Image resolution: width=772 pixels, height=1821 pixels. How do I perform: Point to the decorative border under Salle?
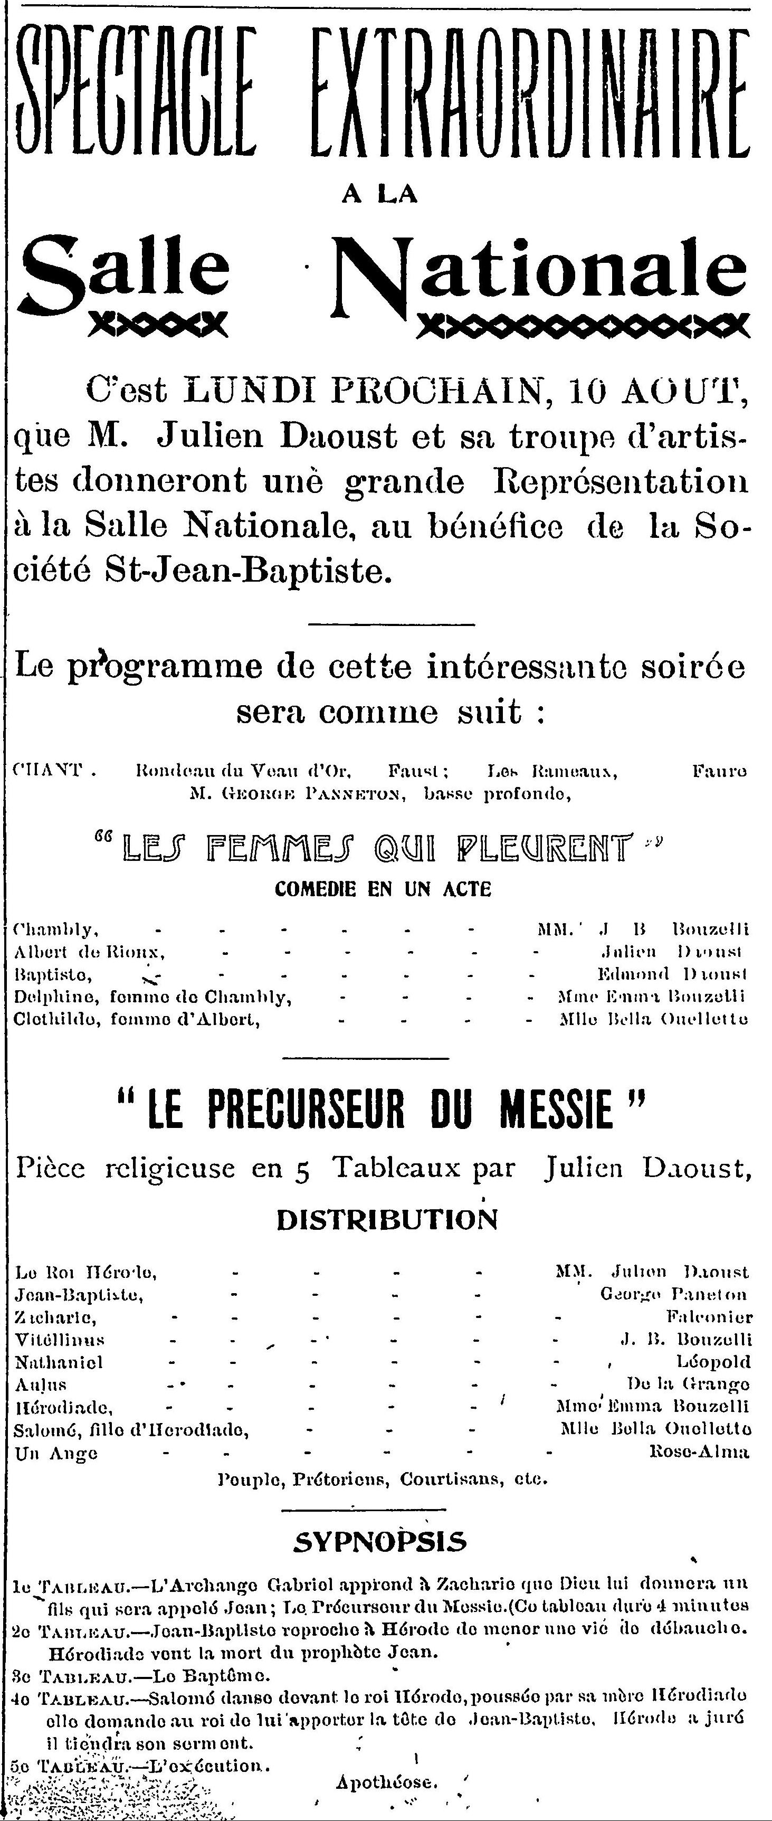[157, 325]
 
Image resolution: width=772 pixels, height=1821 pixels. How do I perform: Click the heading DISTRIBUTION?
[387, 1219]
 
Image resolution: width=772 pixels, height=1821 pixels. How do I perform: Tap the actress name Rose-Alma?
[699, 1453]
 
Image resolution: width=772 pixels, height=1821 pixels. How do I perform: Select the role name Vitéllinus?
[60, 1339]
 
